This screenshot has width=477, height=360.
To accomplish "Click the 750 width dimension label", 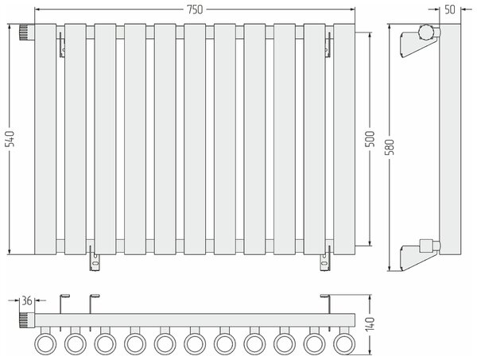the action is [195, 10].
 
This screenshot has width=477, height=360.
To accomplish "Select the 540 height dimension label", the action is [11, 138].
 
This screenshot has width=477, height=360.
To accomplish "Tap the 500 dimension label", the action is [370, 138].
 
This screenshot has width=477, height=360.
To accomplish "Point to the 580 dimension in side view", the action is [390, 147].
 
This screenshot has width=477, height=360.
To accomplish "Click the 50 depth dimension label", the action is [450, 10].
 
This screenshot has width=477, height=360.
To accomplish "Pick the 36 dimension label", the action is [27, 300].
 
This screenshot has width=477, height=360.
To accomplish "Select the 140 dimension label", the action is [370, 324].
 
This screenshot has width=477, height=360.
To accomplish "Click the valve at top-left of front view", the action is [27, 33].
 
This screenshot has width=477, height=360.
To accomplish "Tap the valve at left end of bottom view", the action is [27, 319].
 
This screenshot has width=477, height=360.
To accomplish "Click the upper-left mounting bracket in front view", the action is [62, 45].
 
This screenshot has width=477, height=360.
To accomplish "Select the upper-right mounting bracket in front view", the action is [328, 45].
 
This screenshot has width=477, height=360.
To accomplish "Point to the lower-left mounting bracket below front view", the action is [95, 258].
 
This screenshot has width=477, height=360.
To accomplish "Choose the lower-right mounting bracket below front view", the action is [325, 258].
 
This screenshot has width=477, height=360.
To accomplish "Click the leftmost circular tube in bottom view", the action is [45, 344].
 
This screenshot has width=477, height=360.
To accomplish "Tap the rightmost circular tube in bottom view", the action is [344, 344].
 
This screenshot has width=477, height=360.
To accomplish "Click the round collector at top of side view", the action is [425, 32].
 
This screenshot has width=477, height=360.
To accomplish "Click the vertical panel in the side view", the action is [450, 139].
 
